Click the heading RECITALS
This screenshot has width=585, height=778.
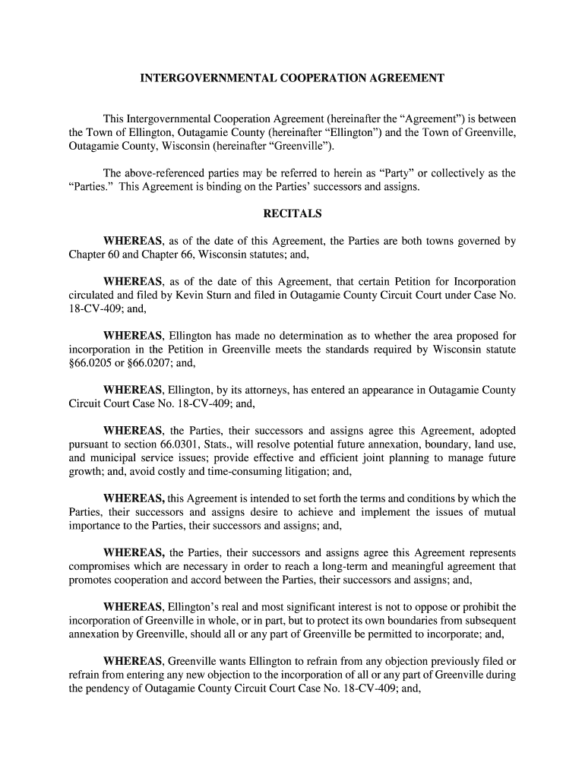(x=292, y=213)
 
